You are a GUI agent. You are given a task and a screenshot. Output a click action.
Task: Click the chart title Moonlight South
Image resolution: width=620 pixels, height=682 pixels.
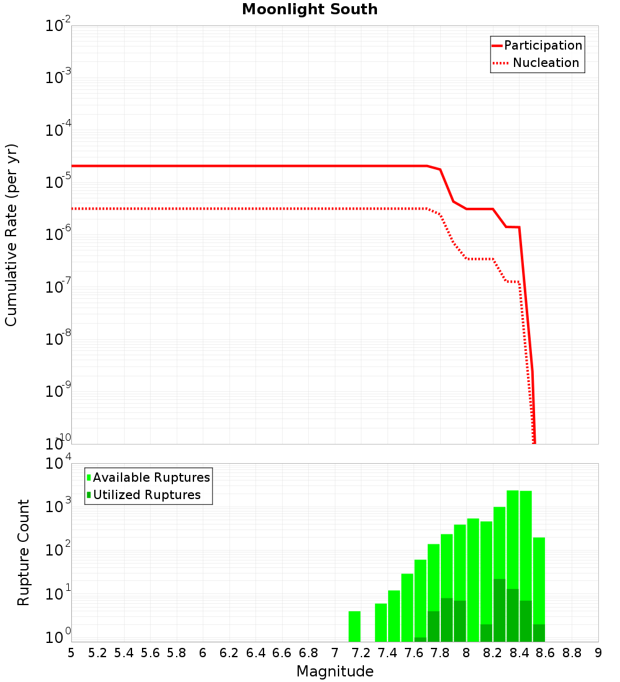tap(309, 9)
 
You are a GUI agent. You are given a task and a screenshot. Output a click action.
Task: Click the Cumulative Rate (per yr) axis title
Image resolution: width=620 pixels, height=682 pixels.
tap(11, 235)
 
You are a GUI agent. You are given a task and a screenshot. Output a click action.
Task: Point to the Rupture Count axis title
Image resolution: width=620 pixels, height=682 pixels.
tap(24, 552)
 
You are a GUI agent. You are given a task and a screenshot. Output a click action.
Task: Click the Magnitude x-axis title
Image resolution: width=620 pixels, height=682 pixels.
tap(335, 671)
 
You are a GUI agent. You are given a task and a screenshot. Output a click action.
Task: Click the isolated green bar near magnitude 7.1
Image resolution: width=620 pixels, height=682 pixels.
tap(355, 626)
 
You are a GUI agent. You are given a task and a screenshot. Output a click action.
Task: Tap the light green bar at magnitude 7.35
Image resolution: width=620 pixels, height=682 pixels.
tap(381, 622)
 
